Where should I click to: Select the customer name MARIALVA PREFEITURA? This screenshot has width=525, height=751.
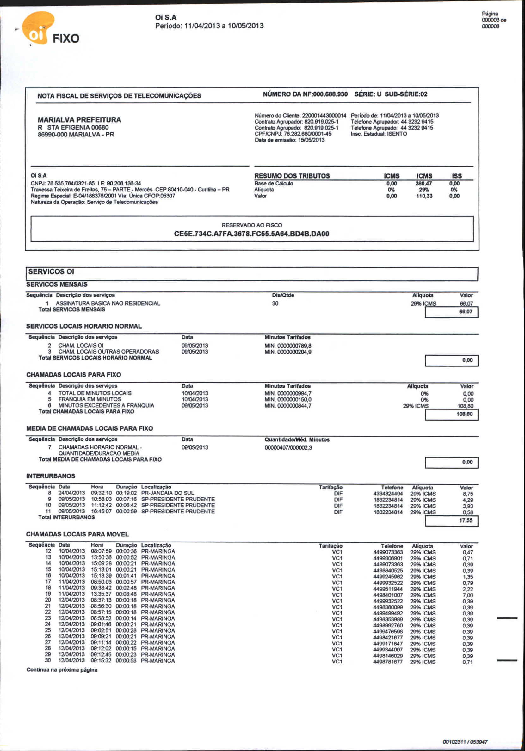pos(79,120)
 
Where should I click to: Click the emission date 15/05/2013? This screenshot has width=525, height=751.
pos(311,140)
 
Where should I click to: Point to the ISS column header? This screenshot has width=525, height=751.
pos(457,176)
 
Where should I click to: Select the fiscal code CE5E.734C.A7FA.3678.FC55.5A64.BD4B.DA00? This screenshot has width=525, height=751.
pos(251,233)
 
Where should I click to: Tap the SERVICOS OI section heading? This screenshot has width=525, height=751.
pos(51,271)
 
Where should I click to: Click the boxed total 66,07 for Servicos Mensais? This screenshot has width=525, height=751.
pos(466,312)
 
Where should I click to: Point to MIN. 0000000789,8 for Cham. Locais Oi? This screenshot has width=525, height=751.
pos(288,346)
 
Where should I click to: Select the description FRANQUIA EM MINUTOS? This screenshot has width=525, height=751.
pos(90,399)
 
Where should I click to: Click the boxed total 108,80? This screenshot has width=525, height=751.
pos(464,414)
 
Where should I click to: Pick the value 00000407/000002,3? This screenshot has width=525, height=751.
pos(288,447)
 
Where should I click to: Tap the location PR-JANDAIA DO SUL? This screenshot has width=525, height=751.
pos(167,493)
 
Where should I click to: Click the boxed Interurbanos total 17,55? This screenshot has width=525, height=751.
pos(466,520)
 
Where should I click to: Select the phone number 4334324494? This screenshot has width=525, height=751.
pos(388,494)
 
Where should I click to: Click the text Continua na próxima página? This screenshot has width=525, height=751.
pos(62,670)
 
